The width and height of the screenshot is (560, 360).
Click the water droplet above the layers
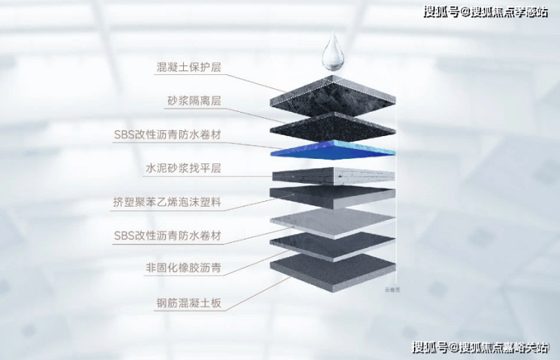point(334,52)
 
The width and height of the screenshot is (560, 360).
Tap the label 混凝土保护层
point(188,67)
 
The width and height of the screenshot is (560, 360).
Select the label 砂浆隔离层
point(194,101)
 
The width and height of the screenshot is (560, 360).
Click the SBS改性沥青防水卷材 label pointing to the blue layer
point(167,135)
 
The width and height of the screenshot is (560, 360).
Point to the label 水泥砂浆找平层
point(183,168)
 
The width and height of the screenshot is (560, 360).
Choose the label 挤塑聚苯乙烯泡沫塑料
point(167,202)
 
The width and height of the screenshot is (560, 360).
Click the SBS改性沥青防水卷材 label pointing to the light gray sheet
point(167,236)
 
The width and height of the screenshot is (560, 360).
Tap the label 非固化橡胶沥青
point(183,268)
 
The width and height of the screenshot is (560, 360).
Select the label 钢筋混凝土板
point(188,303)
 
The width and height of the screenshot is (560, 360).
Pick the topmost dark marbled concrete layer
point(333,95)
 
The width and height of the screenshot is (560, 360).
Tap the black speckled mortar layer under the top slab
point(333,128)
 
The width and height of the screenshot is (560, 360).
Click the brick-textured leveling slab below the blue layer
point(333,176)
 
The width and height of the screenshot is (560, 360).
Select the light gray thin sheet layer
point(333,224)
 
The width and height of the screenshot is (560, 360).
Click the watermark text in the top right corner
point(486,11)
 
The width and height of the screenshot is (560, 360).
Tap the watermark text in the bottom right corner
point(480,347)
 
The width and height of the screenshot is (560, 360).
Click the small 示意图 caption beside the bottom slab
point(392,290)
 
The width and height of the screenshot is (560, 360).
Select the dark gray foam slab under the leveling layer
point(333,197)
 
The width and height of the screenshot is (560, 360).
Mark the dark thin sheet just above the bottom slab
point(333,247)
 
